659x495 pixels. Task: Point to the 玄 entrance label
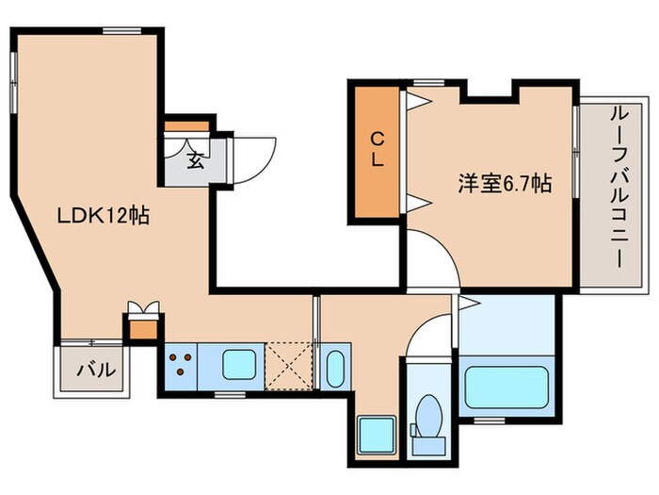point(195,159)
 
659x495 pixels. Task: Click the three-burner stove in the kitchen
point(179,363)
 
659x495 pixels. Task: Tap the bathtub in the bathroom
point(507,388)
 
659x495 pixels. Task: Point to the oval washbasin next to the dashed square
point(335,367)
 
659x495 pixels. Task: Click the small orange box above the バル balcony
point(142,330)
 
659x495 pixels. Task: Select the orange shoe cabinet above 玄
point(185,126)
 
